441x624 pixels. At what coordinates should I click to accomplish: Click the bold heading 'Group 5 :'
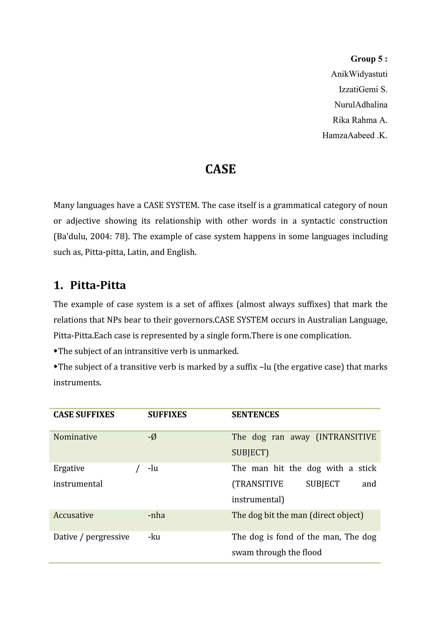(x=369, y=59)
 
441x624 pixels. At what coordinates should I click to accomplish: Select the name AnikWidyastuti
(x=359, y=74)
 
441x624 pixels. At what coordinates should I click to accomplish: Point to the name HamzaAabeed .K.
(x=354, y=135)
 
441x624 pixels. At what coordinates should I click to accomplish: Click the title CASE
(x=220, y=169)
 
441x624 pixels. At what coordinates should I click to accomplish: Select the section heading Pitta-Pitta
(x=98, y=285)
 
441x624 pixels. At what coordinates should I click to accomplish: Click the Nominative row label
(x=75, y=437)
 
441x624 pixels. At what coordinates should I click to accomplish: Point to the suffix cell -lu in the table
(x=153, y=468)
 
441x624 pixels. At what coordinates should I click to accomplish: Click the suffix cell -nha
(x=156, y=515)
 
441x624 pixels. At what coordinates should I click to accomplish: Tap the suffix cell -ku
(x=154, y=537)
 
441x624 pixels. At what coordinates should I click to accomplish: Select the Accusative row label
(x=73, y=515)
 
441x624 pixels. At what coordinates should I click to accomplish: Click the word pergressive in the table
(x=107, y=537)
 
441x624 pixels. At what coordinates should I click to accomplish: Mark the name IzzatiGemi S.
(x=363, y=89)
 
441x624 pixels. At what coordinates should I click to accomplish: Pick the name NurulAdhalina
(x=361, y=105)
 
